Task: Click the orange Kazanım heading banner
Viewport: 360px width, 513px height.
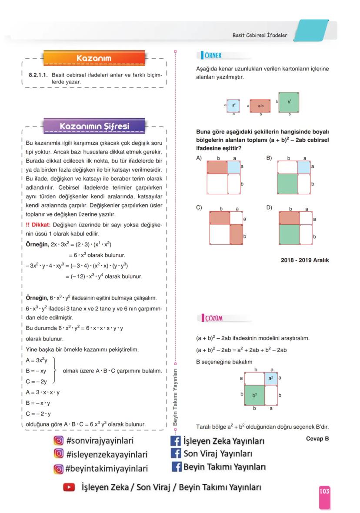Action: (x=94, y=58)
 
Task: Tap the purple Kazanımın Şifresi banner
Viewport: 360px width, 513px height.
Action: (x=94, y=127)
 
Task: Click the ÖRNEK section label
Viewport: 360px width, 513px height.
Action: (x=213, y=55)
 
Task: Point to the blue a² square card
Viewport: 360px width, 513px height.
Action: (x=233, y=105)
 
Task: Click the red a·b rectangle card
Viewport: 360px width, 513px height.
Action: (x=260, y=106)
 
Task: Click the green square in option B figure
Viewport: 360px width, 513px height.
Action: (x=287, y=183)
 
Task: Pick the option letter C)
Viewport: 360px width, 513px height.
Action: (x=199, y=208)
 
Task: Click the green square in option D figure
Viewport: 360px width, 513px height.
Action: (x=289, y=234)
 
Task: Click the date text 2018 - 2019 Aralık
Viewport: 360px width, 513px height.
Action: (x=305, y=260)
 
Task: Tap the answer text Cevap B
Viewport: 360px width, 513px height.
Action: (x=317, y=439)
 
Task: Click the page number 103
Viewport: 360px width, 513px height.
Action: (x=324, y=491)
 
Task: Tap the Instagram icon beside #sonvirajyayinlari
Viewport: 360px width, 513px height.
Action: (x=58, y=440)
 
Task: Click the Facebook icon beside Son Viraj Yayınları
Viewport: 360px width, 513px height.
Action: (x=176, y=454)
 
